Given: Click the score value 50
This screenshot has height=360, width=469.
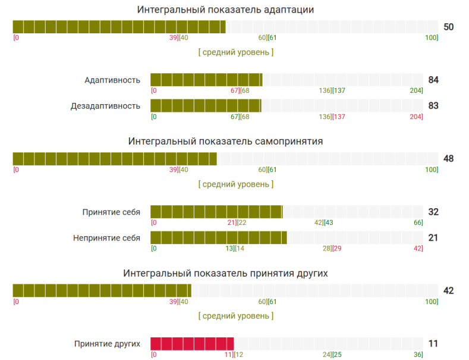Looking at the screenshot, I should click(x=449, y=27).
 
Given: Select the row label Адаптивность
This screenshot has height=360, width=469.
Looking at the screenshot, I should click(x=112, y=80).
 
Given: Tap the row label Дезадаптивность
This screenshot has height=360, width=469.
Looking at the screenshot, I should click(x=105, y=106).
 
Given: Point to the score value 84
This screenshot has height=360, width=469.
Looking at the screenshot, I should click(x=433, y=80).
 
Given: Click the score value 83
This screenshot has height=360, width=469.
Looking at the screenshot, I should click(x=433, y=106).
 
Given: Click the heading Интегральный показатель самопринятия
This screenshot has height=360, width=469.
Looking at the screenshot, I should click(x=225, y=141).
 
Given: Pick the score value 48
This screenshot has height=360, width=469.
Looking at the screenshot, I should click(x=449, y=159).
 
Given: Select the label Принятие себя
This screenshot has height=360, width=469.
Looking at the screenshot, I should click(x=111, y=212).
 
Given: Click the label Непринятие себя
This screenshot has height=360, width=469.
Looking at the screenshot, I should click(x=106, y=238).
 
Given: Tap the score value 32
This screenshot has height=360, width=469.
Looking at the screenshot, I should click(x=433, y=212).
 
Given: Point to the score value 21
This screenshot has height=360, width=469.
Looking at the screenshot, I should click(x=433, y=238).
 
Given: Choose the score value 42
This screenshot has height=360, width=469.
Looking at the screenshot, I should click(x=449, y=290).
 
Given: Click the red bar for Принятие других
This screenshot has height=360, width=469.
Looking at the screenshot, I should click(x=192, y=344).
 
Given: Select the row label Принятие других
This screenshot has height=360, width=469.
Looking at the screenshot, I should click(x=107, y=344).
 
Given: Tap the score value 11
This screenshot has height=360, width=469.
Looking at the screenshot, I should click(x=433, y=344).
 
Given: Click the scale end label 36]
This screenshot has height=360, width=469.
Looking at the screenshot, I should click(x=418, y=355).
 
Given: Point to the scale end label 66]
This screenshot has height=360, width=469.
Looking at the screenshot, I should click(x=418, y=223).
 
